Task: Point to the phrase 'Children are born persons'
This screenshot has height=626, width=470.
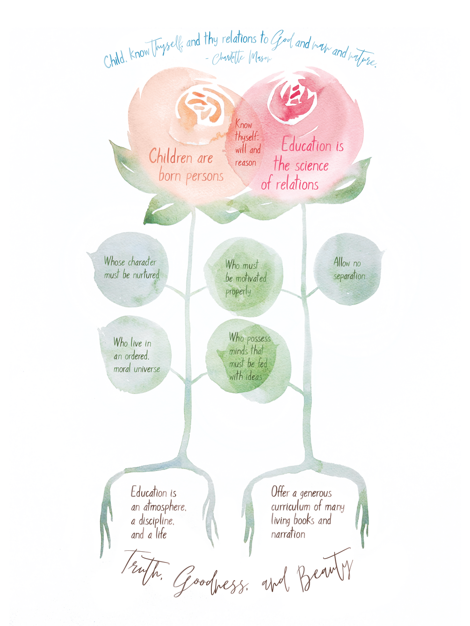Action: [x=186, y=166]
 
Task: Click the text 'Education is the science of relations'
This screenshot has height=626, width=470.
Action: [x=302, y=164]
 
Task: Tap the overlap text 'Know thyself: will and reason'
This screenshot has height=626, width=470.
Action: [x=246, y=143]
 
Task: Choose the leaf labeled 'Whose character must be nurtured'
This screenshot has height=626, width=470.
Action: [x=131, y=269]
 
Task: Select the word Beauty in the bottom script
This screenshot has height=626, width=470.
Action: [x=325, y=571]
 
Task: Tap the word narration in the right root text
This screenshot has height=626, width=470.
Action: [x=288, y=534]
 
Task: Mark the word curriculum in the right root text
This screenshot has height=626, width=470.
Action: [x=290, y=507]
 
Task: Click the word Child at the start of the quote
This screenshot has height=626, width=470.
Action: [x=114, y=60]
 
